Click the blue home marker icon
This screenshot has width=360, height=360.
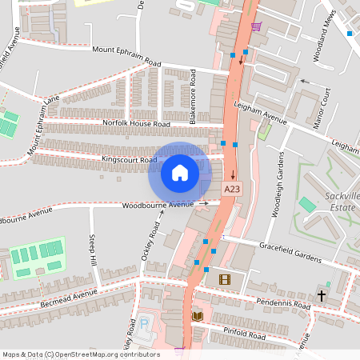(x=179, y=173)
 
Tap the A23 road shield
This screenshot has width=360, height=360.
(x=232, y=189)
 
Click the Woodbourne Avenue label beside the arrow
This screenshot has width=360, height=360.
(x=158, y=205)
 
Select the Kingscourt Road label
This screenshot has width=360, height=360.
(x=130, y=160)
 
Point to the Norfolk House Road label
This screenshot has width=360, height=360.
(x=137, y=124)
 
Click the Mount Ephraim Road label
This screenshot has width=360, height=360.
(x=126, y=56)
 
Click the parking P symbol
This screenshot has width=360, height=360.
(x=145, y=325)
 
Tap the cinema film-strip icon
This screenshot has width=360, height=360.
(x=224, y=279)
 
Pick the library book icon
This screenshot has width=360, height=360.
(x=198, y=317)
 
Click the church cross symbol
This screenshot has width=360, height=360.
(x=322, y=295)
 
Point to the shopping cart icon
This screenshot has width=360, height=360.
(x=255, y=27)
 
